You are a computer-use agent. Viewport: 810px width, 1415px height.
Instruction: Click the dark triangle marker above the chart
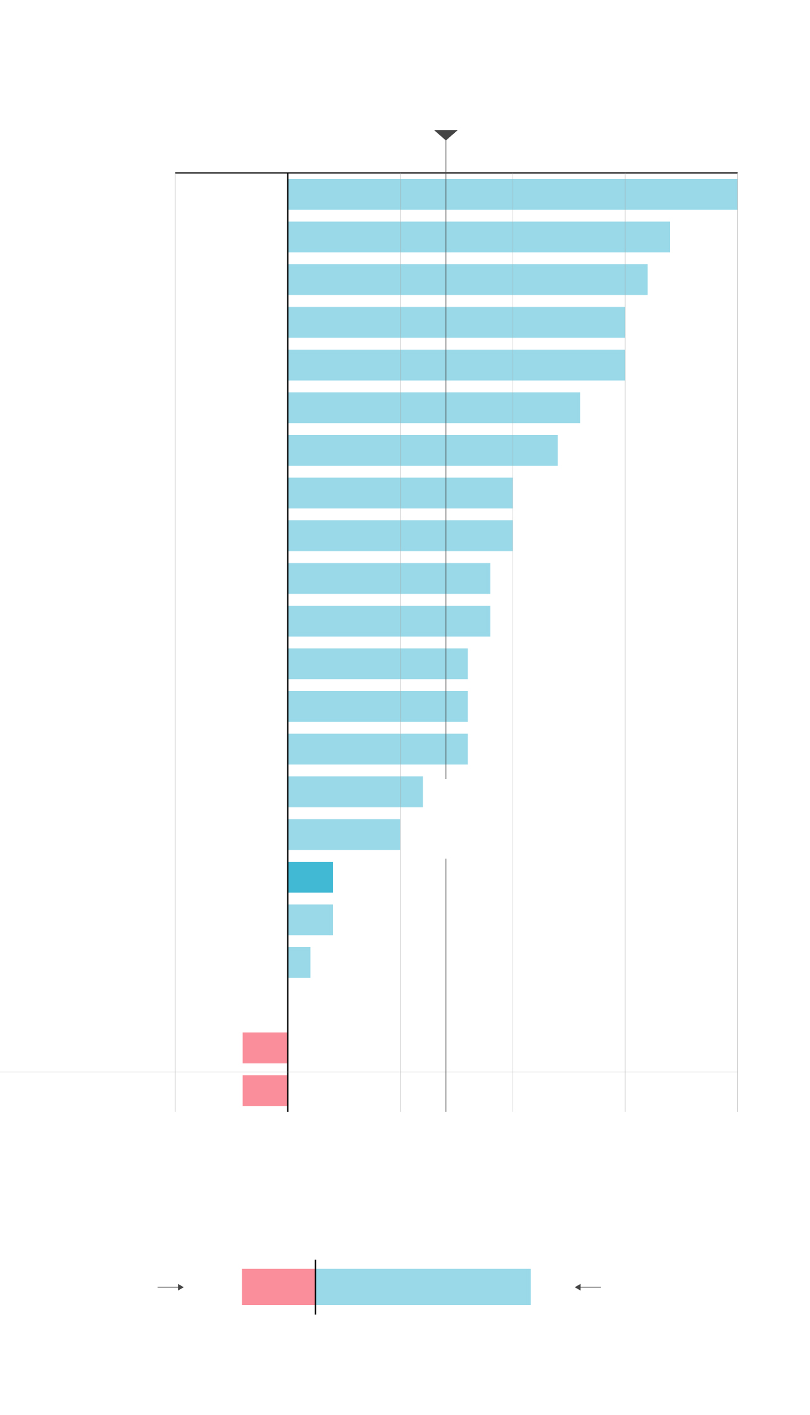click(x=445, y=135)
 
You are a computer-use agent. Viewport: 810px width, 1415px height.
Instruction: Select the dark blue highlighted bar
click(x=310, y=877)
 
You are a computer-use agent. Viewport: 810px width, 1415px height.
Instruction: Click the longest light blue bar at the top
click(x=513, y=194)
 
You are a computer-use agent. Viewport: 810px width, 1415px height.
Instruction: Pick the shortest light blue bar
click(x=299, y=962)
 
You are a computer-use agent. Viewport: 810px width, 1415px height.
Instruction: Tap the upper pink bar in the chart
click(x=265, y=1048)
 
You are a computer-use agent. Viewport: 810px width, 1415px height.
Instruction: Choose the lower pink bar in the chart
click(x=265, y=1091)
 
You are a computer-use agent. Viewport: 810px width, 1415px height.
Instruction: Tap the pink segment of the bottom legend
click(x=278, y=1287)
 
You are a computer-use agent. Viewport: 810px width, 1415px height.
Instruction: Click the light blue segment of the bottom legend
click(x=423, y=1287)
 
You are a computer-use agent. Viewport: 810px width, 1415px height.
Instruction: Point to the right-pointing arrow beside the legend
click(x=171, y=1287)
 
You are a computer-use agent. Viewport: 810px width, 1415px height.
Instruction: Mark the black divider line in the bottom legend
click(x=315, y=1287)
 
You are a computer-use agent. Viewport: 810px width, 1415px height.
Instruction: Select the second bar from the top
click(x=479, y=237)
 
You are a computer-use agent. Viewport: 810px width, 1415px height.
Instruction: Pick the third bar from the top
click(x=468, y=279)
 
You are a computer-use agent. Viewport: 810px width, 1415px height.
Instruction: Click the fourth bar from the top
click(x=456, y=322)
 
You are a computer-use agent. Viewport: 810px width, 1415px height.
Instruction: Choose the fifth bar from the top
click(x=456, y=365)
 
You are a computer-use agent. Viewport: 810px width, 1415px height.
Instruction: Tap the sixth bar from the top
click(x=434, y=408)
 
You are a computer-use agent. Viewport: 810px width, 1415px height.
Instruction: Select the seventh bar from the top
click(x=423, y=450)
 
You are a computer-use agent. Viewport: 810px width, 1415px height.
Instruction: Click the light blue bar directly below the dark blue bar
click(x=310, y=920)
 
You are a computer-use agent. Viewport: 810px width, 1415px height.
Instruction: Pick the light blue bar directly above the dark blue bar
click(x=344, y=835)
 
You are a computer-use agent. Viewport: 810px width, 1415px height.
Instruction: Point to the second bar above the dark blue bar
click(x=355, y=792)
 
